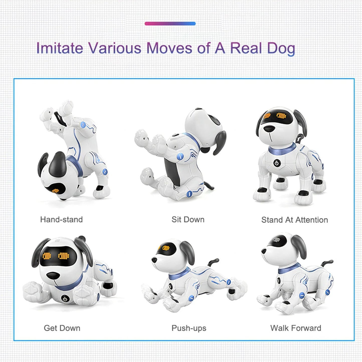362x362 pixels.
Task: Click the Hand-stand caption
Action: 61,219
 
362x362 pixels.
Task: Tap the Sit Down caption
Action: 188,219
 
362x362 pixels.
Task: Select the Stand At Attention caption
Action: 295,220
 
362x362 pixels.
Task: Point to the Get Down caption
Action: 62,328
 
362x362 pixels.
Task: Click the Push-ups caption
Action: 189,328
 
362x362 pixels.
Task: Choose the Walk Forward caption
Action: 296,328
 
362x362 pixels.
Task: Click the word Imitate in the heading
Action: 60,48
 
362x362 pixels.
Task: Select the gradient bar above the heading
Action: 170,24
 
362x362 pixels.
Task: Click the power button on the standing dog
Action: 277,163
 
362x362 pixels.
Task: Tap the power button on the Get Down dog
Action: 65,299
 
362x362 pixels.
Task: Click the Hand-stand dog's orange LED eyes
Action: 56,191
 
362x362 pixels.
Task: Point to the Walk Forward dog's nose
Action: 264,251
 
